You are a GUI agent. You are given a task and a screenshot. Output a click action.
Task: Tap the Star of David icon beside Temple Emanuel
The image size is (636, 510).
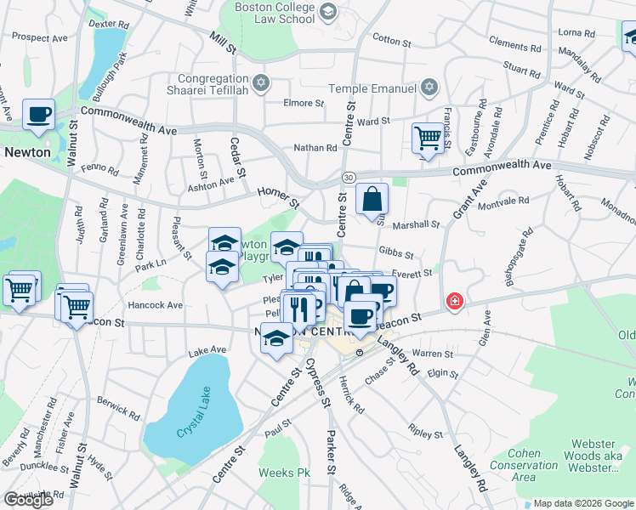click(429, 88)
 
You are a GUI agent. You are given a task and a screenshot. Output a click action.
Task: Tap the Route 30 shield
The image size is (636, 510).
click(349, 176)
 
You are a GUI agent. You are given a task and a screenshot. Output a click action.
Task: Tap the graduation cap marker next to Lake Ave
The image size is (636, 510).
click(275, 338)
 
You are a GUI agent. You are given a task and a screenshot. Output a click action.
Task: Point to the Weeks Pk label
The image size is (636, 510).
click(278, 473)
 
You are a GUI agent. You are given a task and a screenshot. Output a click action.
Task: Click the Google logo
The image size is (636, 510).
click(28, 500)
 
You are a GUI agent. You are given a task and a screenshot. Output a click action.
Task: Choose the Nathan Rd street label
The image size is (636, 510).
click(315, 148)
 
